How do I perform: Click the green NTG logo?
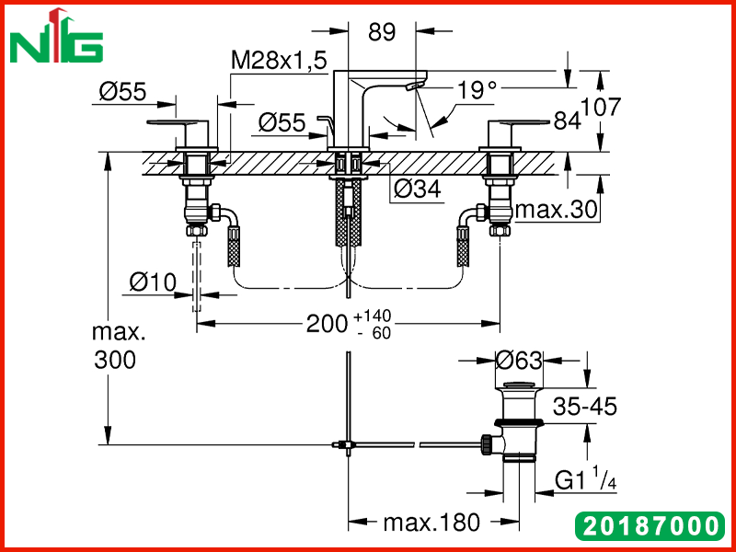(56, 36)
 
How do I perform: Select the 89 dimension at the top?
(382, 32)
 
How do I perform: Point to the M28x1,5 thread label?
(279, 61)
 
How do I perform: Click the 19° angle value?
(477, 89)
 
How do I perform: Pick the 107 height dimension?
(601, 107)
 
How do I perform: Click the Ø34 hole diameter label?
(418, 190)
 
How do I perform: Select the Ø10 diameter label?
(153, 282)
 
